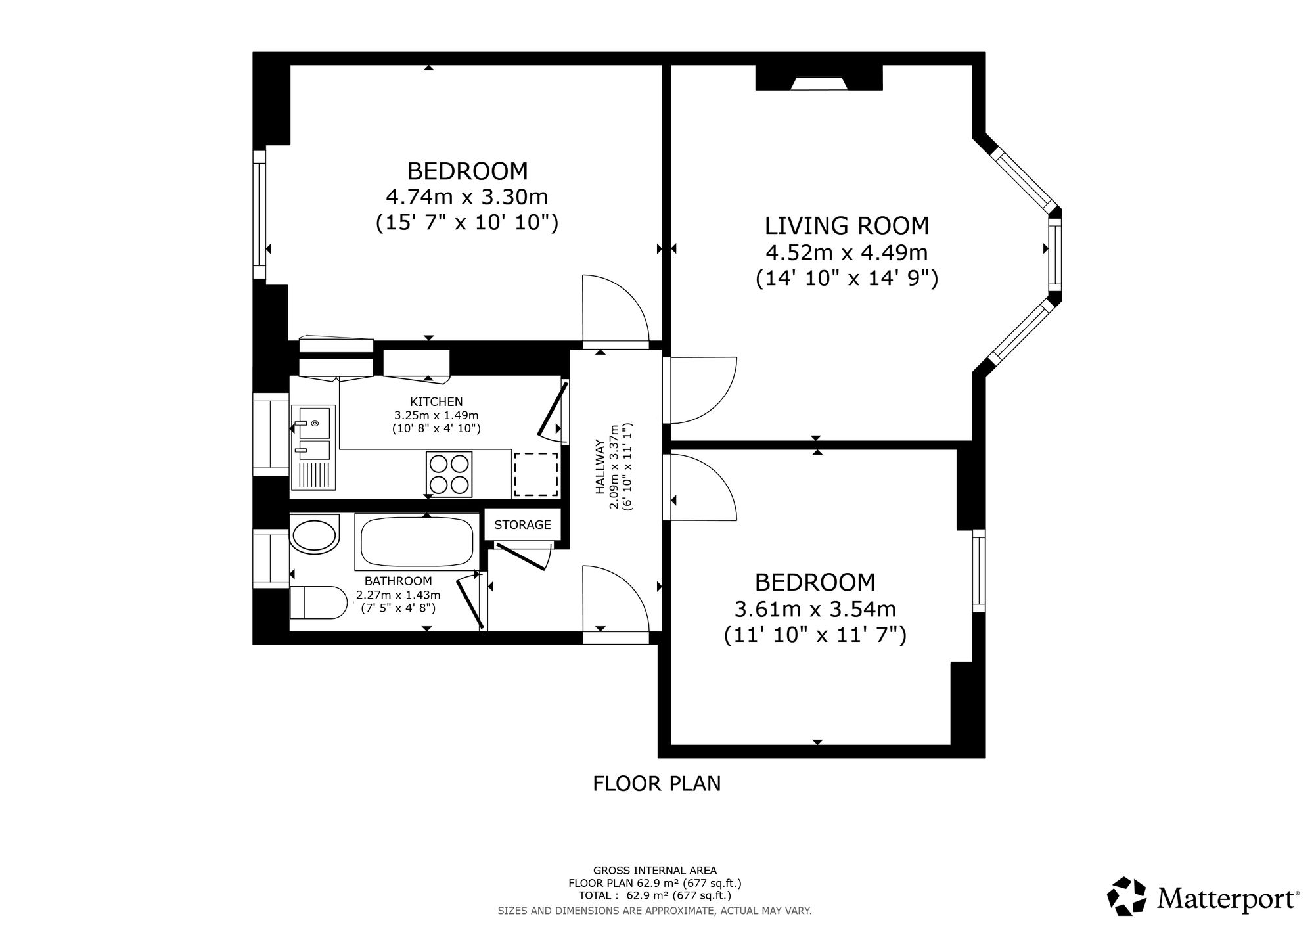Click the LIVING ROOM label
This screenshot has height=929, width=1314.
pos(847,225)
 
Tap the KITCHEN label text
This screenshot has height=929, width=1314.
pos(436,401)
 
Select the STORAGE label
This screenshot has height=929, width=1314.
pos(522,524)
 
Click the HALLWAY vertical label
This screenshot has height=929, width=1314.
pos(599,466)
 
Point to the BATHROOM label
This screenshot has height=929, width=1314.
pos(398,581)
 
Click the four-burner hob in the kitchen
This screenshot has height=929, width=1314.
pos(449,474)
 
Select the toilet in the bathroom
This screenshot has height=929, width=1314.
pos(318,602)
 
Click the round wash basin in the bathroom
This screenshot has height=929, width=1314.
pos(315,536)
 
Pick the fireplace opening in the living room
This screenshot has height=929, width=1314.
pos(818,83)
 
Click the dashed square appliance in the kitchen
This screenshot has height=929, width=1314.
pos(535,474)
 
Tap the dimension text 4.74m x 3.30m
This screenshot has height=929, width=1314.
pos(467,196)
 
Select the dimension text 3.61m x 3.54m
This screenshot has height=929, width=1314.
pos(815,609)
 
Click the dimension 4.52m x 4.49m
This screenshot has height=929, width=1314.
pos(847,252)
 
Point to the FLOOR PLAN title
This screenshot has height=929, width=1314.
pos(657,784)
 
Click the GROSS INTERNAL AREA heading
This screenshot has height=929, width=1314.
pos(655,871)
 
